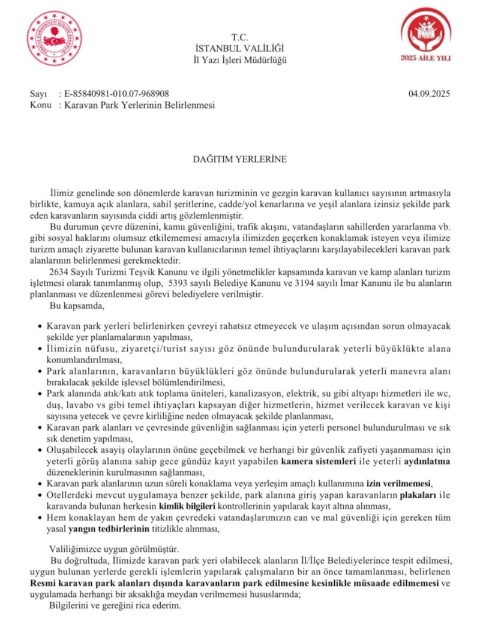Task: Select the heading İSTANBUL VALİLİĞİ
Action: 239,48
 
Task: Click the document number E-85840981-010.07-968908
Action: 114,94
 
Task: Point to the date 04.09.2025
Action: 429,94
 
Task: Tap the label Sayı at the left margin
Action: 37,94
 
